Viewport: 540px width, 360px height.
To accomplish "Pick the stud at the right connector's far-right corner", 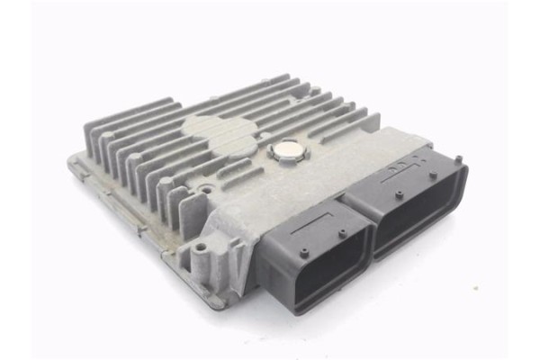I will point(458,160).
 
